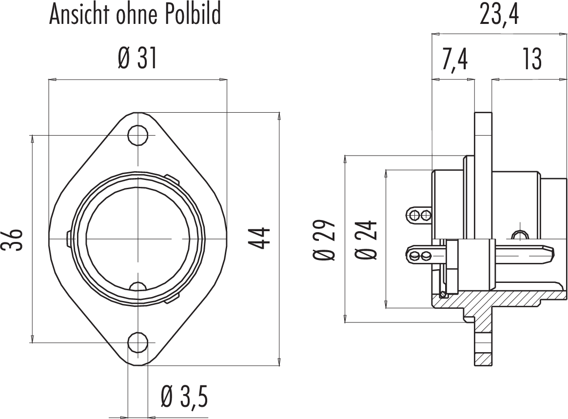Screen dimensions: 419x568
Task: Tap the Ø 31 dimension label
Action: (x=137, y=60)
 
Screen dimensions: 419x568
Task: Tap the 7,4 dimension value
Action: (x=454, y=60)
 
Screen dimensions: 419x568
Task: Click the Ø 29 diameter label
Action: (x=325, y=239)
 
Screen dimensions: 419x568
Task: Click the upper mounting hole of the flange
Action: (x=138, y=135)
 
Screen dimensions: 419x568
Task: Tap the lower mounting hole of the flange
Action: (x=138, y=342)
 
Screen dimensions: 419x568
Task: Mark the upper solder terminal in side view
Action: (x=419, y=214)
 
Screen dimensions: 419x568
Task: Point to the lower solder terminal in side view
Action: (x=419, y=255)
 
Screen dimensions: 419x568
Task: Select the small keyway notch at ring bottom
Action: (x=138, y=286)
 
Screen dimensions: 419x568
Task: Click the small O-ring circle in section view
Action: (x=443, y=294)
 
